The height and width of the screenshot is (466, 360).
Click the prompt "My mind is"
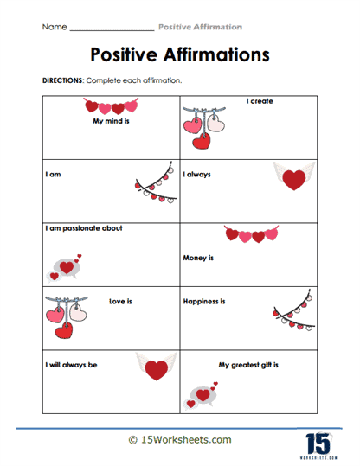point(110,122)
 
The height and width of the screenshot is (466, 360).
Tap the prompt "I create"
point(260,101)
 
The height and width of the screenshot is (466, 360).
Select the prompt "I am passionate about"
point(84,228)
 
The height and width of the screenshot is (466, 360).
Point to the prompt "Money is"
point(198,258)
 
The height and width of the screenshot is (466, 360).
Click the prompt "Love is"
point(120,302)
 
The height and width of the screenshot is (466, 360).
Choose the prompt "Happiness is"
point(204,302)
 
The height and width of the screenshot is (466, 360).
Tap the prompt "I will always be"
point(71,365)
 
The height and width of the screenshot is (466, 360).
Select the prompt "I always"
point(197,174)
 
